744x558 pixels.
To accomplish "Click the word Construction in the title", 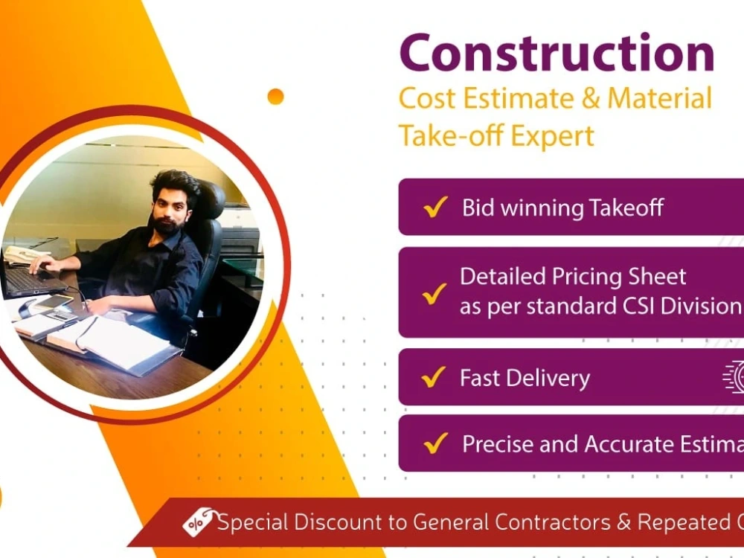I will tap(557, 54).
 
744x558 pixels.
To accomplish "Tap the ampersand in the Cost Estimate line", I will tap(589, 100).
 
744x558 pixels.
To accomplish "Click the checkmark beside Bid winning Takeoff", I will tap(434, 208).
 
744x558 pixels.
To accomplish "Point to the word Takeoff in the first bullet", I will tap(626, 208).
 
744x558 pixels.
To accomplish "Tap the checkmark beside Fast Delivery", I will tap(433, 378).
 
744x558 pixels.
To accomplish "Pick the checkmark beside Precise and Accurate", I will tap(434, 444).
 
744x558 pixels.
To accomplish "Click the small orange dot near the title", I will tap(275, 96).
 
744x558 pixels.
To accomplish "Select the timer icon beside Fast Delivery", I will tap(735, 376).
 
